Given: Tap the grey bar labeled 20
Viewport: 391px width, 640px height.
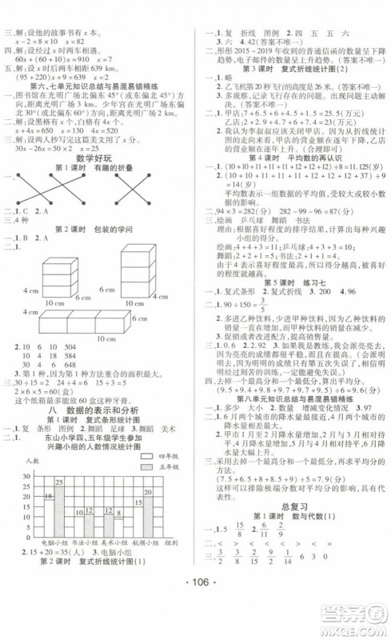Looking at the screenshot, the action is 149,515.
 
